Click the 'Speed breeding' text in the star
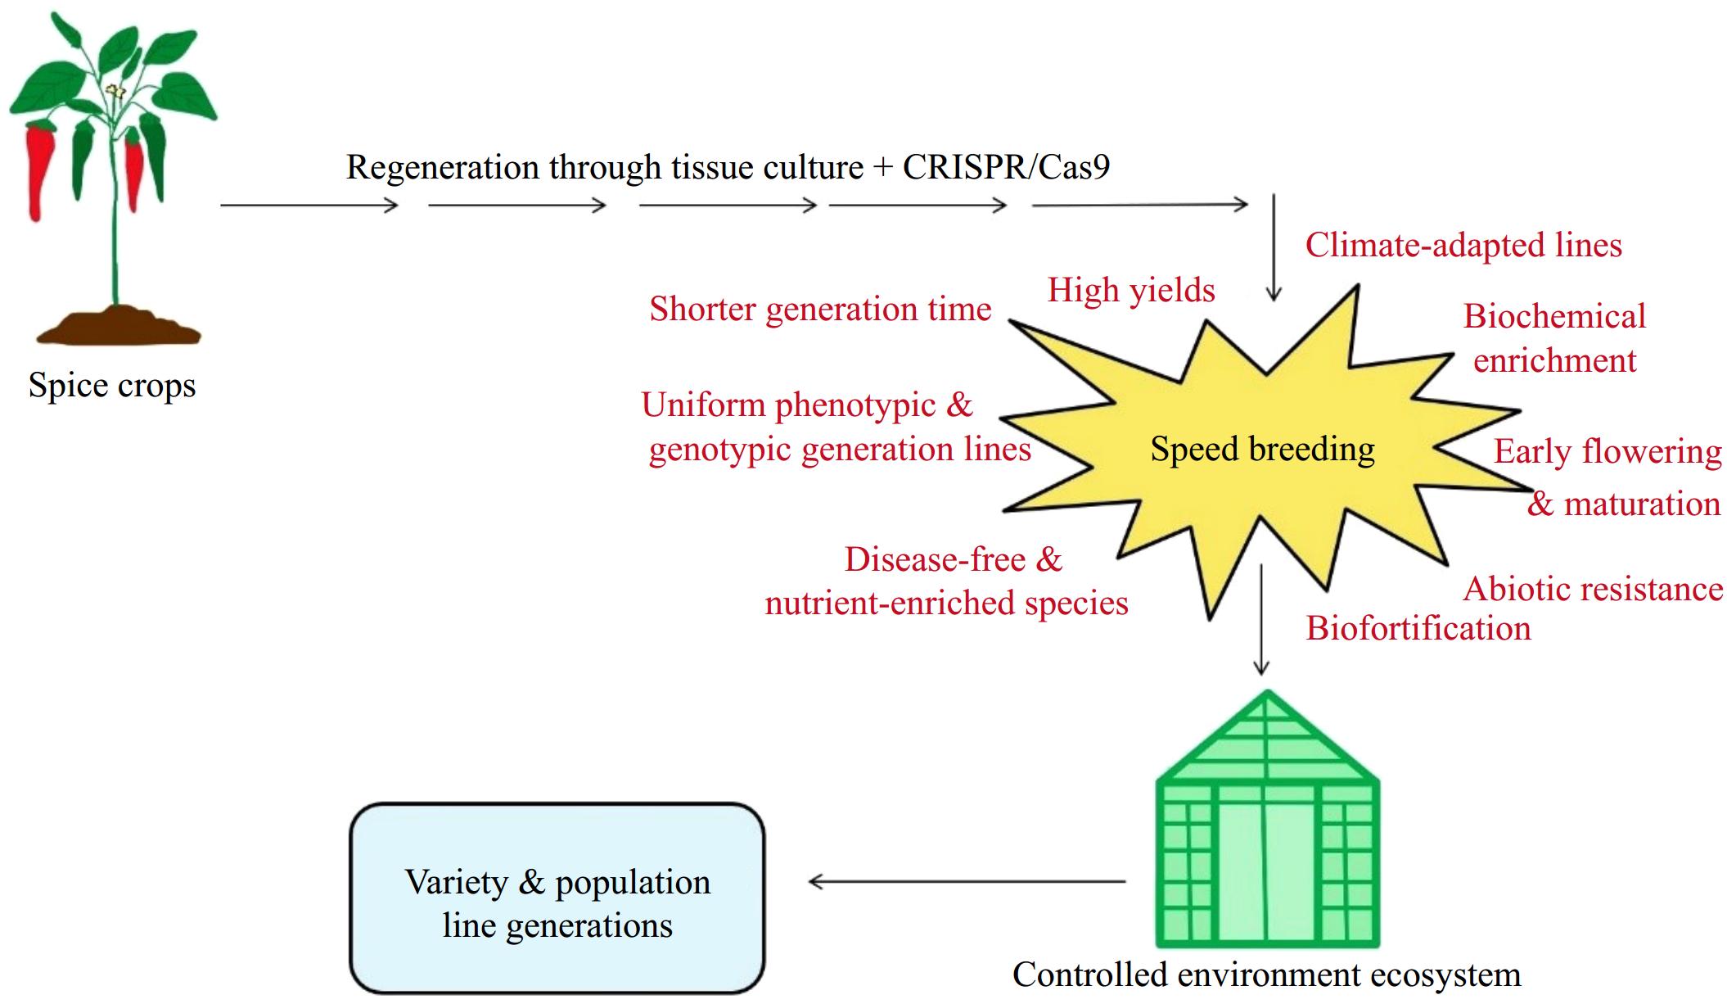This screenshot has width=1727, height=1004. (1262, 450)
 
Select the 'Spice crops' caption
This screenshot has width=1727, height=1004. (112, 386)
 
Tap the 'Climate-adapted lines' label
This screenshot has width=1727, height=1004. (1463, 246)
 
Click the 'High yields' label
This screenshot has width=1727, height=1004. (1131, 290)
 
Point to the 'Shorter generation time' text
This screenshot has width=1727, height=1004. (820, 310)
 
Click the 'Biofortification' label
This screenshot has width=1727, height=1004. (1418, 629)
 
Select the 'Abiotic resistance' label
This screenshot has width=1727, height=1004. (1593, 590)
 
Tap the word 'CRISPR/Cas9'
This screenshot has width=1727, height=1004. (1006, 167)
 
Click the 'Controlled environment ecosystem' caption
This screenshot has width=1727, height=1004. (1266, 975)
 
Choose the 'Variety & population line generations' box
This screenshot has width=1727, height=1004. (557, 898)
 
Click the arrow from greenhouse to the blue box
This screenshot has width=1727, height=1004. (966, 882)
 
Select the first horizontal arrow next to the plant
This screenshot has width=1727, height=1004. (309, 206)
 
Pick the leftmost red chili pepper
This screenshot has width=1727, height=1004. (38, 168)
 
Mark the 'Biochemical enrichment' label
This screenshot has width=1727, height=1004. (1553, 338)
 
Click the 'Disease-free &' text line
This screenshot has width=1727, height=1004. (953, 560)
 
